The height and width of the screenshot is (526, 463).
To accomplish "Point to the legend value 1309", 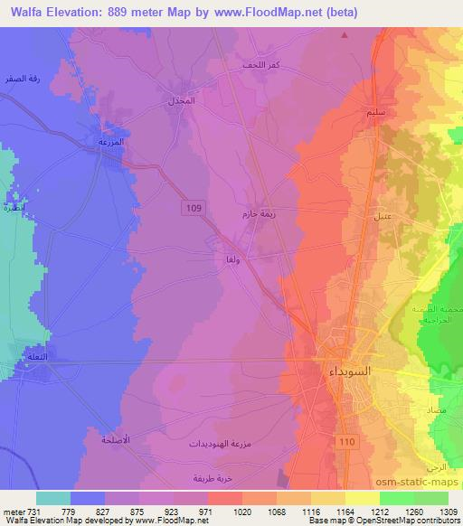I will coord(449,511).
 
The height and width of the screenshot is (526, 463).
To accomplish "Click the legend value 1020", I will coord(241,511).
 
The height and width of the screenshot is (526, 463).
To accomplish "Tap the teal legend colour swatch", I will coord(53,498).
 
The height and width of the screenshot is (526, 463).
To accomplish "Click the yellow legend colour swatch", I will coord(363,498).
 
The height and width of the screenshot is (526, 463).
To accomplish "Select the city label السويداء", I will coord(345,370).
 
